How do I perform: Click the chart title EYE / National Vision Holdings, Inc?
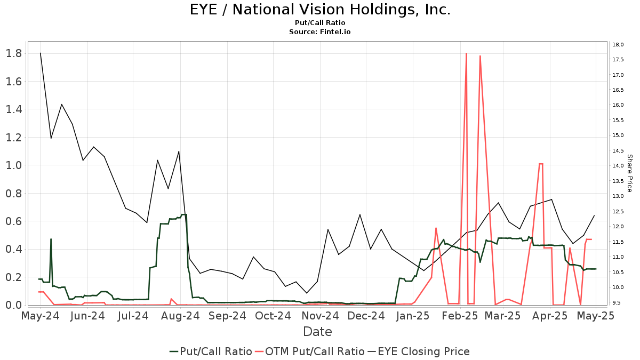pyautogui.click(x=320, y=10)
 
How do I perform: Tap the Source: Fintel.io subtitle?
pyautogui.click(x=320, y=32)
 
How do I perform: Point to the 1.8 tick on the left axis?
pyautogui.click(x=13, y=53)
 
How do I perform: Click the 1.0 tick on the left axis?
pyautogui.click(x=13, y=165)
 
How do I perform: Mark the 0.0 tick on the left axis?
pyautogui.click(x=13, y=305)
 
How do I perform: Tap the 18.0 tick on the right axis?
pyautogui.click(x=619, y=44)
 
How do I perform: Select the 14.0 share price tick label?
pyautogui.click(x=619, y=166)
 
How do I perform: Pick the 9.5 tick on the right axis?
pyautogui.click(x=618, y=303)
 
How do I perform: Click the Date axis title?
pyautogui.click(x=317, y=332)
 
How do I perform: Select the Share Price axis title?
pyautogui.click(x=629, y=173)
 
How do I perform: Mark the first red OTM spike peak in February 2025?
pyautogui.click(x=466, y=53)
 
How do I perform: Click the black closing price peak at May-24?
pyautogui.click(x=41, y=53)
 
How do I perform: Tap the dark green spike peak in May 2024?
pyautogui.click(x=51, y=239)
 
